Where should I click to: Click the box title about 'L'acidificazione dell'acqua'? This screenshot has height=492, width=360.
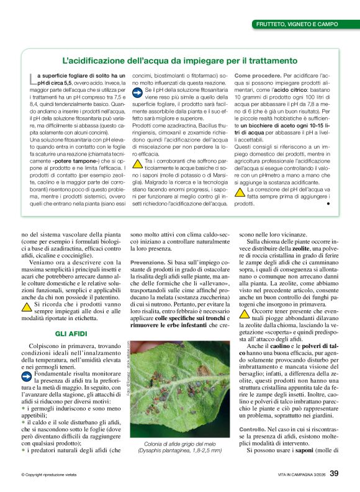(x=179, y=61)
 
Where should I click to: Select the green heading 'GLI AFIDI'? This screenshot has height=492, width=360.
(x=69, y=333)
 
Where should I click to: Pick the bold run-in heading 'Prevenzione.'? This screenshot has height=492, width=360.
(x=146, y=262)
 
